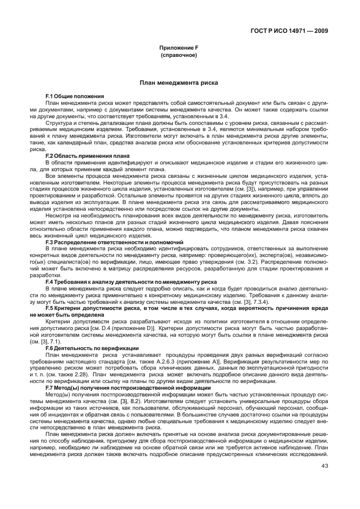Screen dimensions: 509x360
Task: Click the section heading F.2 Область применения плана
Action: coord(87,155)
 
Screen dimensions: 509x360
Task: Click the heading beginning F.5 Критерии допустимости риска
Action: coord(184,308)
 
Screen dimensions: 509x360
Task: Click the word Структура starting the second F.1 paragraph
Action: coord(60,122)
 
